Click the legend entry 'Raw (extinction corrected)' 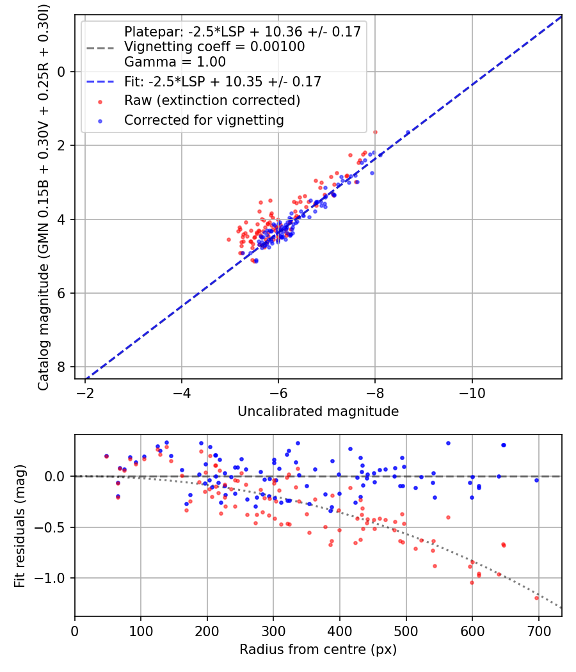(212, 100)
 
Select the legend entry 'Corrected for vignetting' (204, 120)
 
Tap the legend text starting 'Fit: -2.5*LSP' (222, 81)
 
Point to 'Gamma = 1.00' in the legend (175, 62)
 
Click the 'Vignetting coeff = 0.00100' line (214, 47)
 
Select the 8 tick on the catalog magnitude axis (62, 367)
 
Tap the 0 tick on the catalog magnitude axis (62, 72)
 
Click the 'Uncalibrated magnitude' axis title (318, 411)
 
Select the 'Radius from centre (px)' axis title (318, 650)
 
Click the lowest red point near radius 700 (536, 598)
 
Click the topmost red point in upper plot (375, 132)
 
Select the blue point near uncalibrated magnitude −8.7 (408, 132)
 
